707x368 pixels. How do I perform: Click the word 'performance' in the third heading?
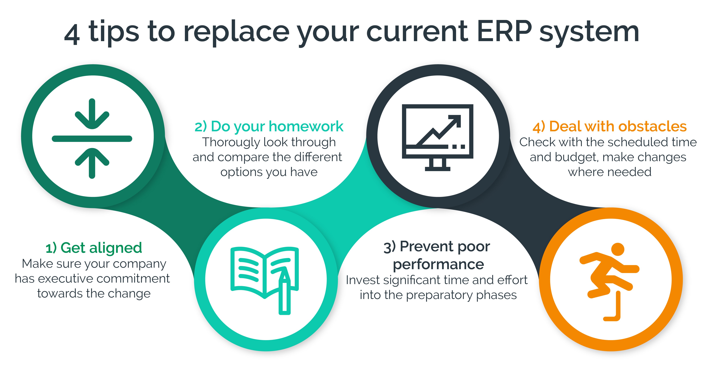438,264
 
